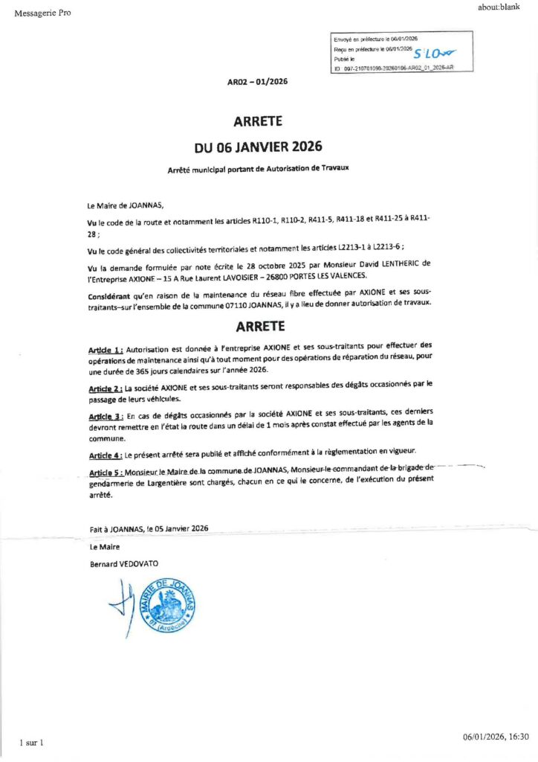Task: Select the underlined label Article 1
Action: tap(106, 349)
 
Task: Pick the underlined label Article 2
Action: tap(105, 388)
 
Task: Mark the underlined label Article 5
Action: tap(105, 473)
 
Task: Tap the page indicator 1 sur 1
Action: tap(32, 743)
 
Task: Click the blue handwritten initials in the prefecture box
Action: tap(435, 53)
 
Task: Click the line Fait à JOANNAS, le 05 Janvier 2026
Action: tap(148, 528)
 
